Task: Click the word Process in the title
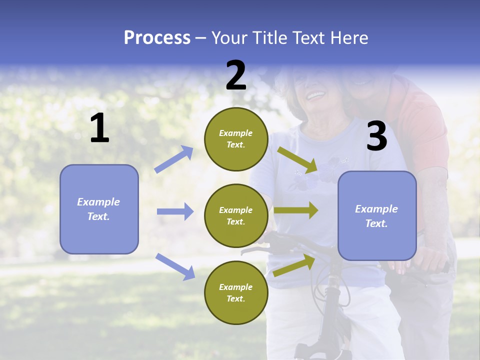157,37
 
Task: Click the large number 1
99,128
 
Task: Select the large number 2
236,75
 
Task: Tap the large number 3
376,136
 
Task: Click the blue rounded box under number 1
99,209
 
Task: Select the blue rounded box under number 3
377,215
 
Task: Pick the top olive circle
236,139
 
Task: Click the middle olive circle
236,215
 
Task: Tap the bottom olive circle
236,292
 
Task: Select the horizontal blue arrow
175,211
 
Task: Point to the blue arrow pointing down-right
175,266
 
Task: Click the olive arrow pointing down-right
297,159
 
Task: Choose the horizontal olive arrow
295,210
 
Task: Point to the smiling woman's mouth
315,94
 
